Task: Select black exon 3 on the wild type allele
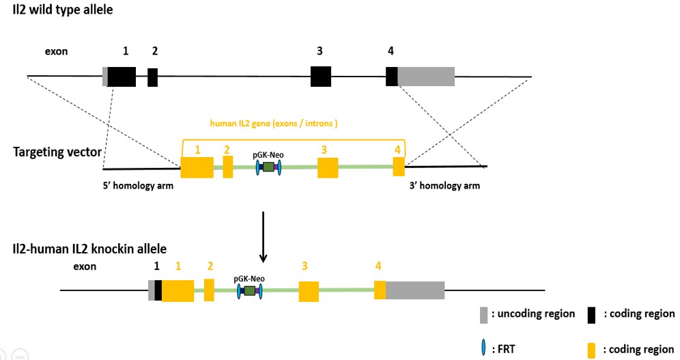coord(321,77)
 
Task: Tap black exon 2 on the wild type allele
coord(153,77)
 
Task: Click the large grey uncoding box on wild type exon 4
coord(426,77)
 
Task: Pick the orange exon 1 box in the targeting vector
coord(197,168)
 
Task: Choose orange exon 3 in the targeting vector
coord(328,168)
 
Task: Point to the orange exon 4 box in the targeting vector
coord(399,167)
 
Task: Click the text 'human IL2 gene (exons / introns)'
coord(274,124)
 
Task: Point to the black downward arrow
coord(264,236)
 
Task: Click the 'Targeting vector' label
coord(57,152)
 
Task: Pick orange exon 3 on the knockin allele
coord(309,291)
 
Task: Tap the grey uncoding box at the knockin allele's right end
coord(415,290)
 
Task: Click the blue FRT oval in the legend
coord(484,347)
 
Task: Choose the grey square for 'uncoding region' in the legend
coord(484,314)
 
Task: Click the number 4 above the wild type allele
coord(391,51)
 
